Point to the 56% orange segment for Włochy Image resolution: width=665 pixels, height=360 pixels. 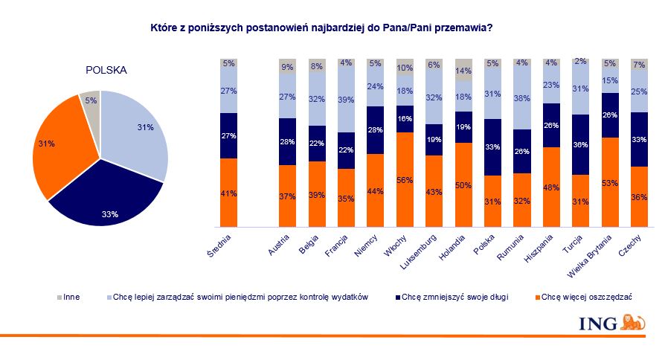(405, 179)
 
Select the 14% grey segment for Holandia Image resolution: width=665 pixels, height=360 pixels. (463, 68)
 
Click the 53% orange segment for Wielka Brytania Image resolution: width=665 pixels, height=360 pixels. (610, 182)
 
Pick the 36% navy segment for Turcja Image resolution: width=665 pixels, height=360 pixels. (580, 145)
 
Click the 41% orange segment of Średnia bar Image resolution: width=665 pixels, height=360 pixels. (228, 193)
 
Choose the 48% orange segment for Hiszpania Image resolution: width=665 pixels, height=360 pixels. (551, 187)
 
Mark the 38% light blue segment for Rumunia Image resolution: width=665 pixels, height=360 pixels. (521, 97)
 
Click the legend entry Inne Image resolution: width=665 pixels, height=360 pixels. (69, 297)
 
